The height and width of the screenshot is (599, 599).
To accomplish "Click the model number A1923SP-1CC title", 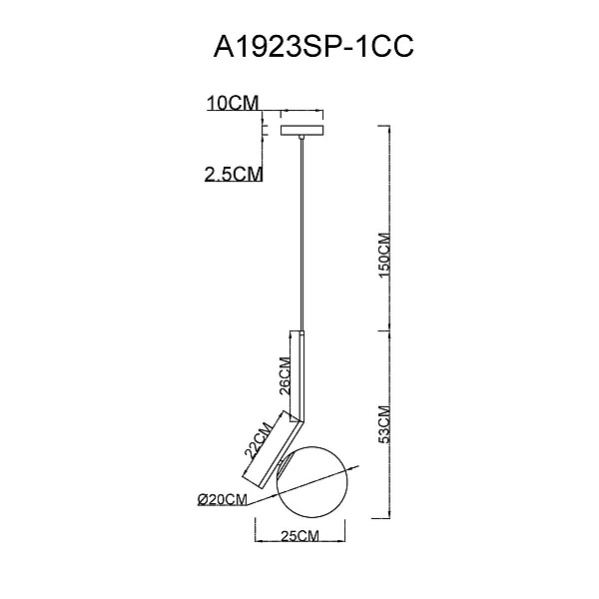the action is [313, 47].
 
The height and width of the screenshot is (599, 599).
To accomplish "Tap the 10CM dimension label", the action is [233, 103].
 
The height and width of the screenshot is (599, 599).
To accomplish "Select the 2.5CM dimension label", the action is [234, 174].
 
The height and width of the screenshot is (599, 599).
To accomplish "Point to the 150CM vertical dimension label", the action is [384, 256].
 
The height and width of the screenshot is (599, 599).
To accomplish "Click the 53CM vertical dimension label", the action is [384, 424].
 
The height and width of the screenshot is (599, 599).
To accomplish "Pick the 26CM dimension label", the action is [285, 376].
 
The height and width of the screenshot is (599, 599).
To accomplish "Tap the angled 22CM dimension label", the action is [259, 439].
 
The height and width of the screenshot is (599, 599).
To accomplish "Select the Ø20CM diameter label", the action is [223, 499].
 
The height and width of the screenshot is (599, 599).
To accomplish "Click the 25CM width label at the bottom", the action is [299, 536].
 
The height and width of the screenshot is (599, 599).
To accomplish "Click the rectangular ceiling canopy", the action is [302, 130].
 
